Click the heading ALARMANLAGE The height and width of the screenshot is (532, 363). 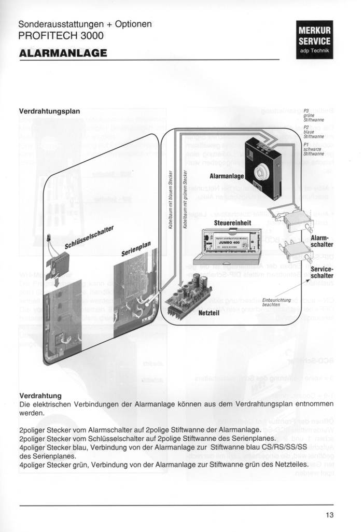click(x=63, y=53)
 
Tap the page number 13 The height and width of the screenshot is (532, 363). click(x=330, y=515)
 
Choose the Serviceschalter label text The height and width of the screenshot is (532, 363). click(x=322, y=272)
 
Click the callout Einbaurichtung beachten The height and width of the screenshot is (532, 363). click(x=276, y=303)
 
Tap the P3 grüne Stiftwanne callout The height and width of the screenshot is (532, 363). click(x=313, y=115)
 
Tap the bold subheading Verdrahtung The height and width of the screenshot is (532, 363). click(x=40, y=396)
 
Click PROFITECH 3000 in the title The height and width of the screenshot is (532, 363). click(x=61, y=36)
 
